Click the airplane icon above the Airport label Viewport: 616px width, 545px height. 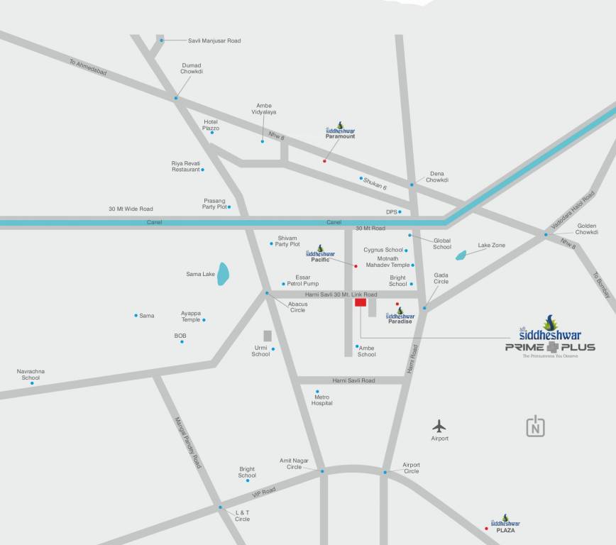439,426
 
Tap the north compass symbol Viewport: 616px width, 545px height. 536,426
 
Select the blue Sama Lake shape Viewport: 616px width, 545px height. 223,274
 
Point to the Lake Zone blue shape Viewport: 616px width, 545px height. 461,255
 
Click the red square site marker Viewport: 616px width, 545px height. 361,302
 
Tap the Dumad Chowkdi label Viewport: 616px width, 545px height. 192,69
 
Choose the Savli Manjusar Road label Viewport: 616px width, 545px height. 214,41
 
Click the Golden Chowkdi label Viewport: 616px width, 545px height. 586,229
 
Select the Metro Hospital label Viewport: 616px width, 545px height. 321,400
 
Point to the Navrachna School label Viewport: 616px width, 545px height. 31,374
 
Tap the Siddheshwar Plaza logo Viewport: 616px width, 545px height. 505,524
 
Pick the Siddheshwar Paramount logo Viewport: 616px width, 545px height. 340,131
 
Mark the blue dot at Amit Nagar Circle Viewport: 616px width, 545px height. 321,471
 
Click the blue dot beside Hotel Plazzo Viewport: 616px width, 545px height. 211,133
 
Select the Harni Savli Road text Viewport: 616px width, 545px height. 353,381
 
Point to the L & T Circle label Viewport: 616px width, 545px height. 242,515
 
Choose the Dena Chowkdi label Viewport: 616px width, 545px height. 436,177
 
